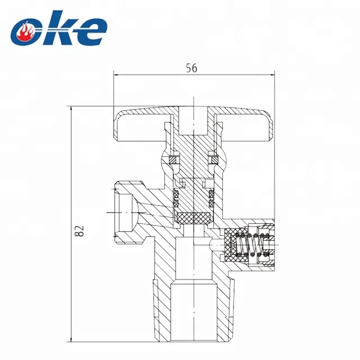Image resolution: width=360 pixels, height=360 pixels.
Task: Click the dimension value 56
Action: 191,68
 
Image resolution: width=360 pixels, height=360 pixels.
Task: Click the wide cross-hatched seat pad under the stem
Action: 192,217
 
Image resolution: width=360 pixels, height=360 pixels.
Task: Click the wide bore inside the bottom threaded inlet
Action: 195,315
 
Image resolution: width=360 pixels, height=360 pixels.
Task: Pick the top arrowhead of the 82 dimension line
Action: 71,109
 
